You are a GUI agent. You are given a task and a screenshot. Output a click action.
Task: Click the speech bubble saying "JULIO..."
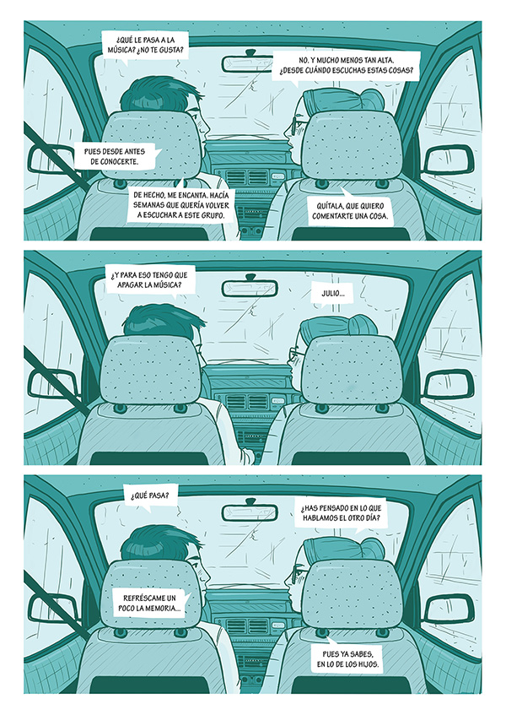(333, 293)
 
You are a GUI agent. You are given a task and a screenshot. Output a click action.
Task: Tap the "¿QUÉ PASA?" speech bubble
(150, 496)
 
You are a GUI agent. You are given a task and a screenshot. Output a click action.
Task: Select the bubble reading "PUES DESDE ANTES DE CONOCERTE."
(115, 156)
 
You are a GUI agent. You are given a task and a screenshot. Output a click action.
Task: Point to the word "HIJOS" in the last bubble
(368, 664)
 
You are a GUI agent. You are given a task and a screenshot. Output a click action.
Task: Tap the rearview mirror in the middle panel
(249, 286)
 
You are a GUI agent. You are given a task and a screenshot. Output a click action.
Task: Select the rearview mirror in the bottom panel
(250, 512)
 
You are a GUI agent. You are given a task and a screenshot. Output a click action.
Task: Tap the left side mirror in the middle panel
(52, 385)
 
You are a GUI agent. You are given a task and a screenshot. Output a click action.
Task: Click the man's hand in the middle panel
(248, 456)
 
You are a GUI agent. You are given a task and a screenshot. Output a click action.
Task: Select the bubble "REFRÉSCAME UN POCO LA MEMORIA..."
(149, 603)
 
